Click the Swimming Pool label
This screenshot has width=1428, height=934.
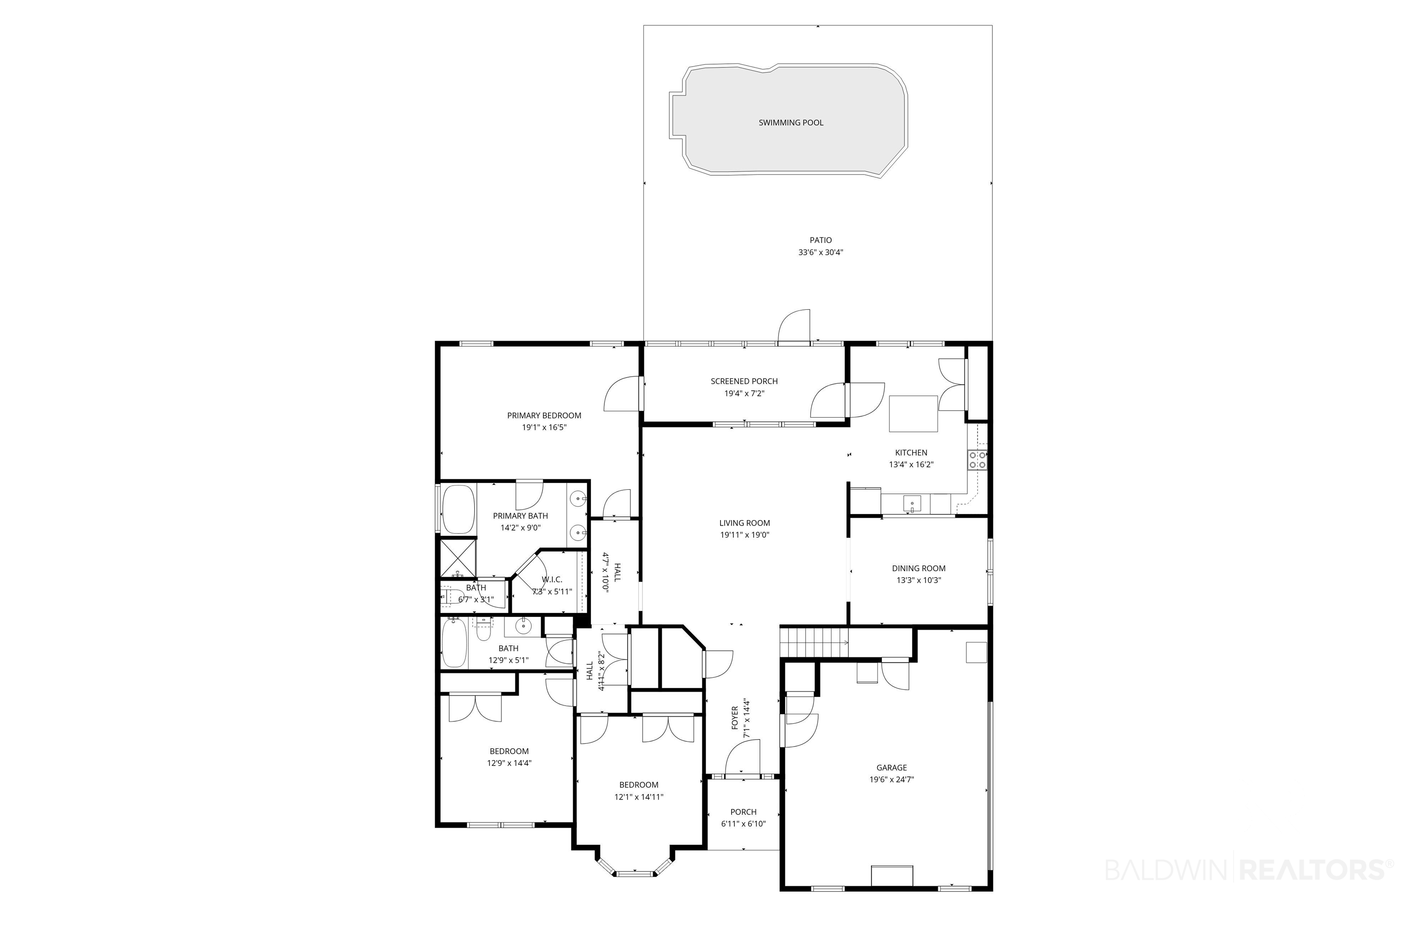791,122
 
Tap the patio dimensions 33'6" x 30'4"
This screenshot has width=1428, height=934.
821,253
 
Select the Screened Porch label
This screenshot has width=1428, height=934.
744,381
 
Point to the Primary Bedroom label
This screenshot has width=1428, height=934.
544,415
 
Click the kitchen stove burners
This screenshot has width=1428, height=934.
978,460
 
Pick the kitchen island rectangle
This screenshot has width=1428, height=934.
913,414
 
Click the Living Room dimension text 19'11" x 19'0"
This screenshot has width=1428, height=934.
745,535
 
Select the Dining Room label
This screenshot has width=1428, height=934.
919,568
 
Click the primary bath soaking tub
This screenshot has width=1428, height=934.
458,509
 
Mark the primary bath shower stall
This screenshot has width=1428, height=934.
458,558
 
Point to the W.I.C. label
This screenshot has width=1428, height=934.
552,579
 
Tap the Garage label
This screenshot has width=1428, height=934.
892,768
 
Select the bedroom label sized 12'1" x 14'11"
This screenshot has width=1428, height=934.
639,785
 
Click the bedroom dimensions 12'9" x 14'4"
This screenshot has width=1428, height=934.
509,764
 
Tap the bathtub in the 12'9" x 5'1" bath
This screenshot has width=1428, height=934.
454,644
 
